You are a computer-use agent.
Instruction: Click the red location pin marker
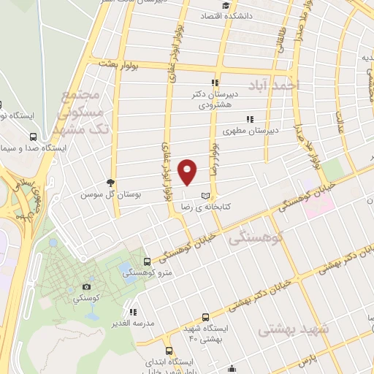pyautogui.click(x=188, y=171)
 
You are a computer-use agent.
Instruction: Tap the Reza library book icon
pyautogui.click(x=205, y=196)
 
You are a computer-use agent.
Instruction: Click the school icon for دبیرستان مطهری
pyautogui.click(x=250, y=118)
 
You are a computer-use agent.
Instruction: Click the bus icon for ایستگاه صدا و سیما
pyautogui.click(x=34, y=137)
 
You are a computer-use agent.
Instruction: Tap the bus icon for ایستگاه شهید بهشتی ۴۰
pyautogui.click(x=205, y=318)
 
